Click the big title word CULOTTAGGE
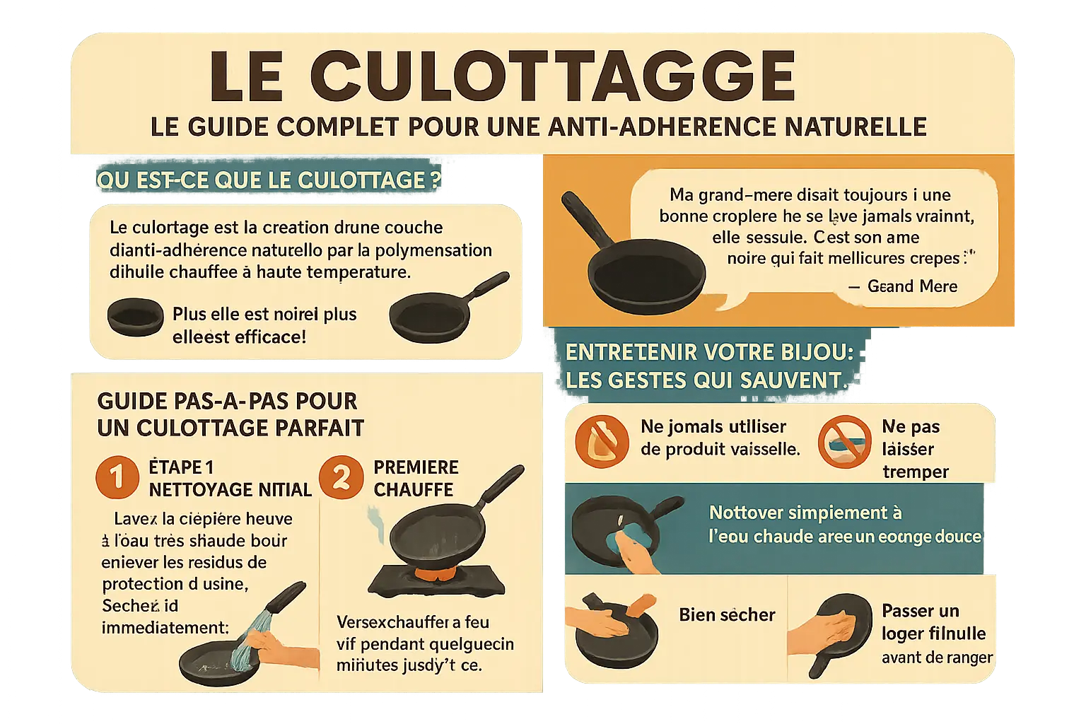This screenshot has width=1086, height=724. pos(551,76)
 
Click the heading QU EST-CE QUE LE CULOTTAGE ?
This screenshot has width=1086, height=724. pos(269,180)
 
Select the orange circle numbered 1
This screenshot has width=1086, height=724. pos(117,477)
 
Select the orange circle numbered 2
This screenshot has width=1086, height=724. pos(341,477)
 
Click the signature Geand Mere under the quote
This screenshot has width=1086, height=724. pos(912,286)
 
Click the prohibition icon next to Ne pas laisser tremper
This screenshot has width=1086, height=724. pos(844,442)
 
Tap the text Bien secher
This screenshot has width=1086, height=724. pos(727,615)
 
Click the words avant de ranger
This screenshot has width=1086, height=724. pos(937,658)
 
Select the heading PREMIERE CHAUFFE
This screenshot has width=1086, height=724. pos(416,478)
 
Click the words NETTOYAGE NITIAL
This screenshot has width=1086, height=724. pos(230,489)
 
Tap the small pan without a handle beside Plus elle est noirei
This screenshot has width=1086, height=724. pos(135,317)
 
